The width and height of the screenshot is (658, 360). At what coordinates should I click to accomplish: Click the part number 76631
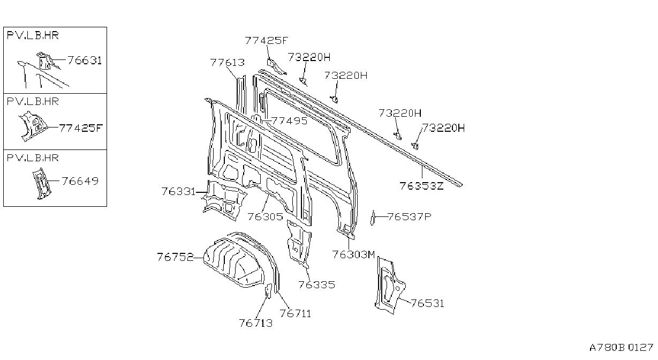(x=85, y=60)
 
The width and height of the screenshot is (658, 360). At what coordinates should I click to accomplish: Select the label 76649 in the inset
(x=80, y=181)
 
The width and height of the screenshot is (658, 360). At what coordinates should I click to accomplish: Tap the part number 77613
(x=227, y=62)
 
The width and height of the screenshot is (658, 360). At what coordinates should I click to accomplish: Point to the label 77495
(x=289, y=121)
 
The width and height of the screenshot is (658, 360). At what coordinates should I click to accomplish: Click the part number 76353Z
(x=421, y=186)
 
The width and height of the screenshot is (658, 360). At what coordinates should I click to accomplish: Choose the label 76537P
(x=410, y=216)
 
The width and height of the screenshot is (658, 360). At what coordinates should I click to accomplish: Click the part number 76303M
(x=354, y=254)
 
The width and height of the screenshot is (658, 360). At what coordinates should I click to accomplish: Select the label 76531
(x=427, y=303)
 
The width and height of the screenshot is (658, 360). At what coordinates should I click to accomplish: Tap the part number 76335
(x=316, y=284)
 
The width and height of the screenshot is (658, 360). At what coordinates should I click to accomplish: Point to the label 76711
(x=295, y=313)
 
